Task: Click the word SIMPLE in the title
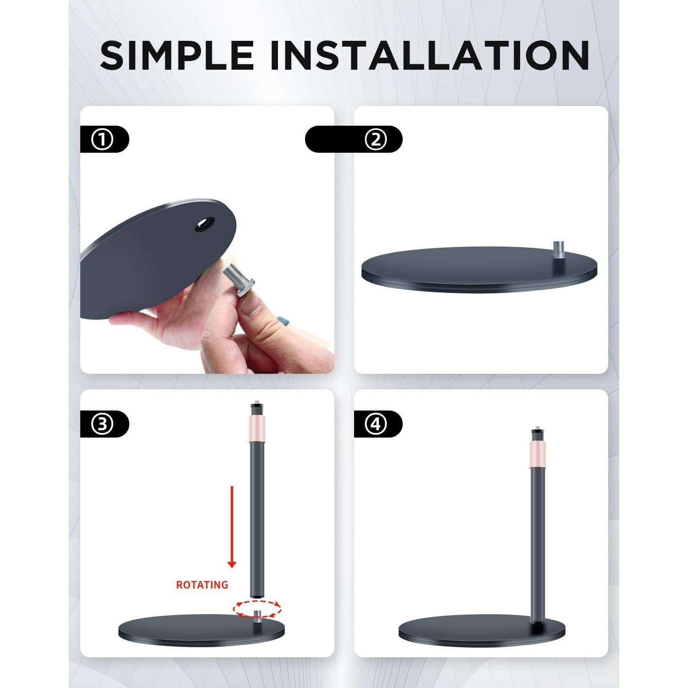[177, 55]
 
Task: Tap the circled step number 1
[102, 139]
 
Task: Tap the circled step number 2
[376, 139]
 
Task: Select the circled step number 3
[102, 424]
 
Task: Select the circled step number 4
[376, 424]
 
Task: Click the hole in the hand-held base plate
[205, 224]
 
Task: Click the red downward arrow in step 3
[232, 527]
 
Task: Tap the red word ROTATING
[202, 585]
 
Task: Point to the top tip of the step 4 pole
[535, 432]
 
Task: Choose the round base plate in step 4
[482, 632]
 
